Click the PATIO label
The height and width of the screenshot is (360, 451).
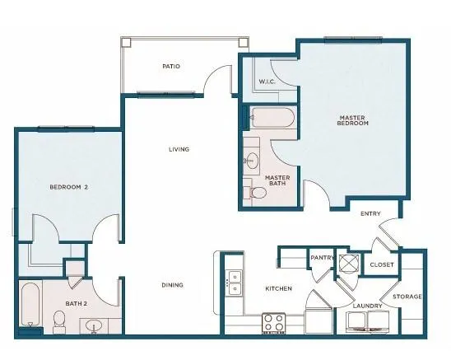pos(171,66)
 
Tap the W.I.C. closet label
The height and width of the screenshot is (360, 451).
pos(266,82)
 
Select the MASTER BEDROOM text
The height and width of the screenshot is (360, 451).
pos(352,120)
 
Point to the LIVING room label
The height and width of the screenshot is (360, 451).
pos(179,149)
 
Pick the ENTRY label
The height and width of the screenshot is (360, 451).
pos(371,214)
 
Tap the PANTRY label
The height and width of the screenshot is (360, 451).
pos(321,258)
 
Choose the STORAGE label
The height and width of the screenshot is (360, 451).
pos(407,296)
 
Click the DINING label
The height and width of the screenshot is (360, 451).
pos(172,285)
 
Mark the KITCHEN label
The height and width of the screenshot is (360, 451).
pos(278,288)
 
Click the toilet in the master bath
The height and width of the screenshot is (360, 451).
pos(258,193)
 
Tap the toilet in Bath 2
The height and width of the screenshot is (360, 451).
pos(59,320)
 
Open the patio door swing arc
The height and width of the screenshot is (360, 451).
pos(216,81)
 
